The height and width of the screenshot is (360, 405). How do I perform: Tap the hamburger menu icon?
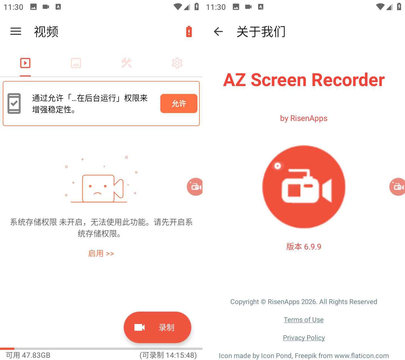pos(16,31)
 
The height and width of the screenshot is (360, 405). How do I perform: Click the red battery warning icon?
pos(189,31)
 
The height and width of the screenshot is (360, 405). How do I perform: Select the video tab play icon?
pos(25,63)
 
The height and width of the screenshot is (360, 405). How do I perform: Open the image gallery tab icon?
pos(76,63)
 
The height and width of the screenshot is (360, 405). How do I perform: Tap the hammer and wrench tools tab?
pos(127,63)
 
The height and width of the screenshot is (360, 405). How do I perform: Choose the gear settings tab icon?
pos(177,63)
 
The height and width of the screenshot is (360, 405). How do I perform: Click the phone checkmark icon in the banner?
pos(14,103)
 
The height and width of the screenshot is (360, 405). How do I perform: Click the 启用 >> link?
pos(101,253)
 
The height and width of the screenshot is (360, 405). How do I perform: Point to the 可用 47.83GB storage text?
pos(28,355)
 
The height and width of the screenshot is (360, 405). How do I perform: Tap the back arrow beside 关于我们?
pos(218,31)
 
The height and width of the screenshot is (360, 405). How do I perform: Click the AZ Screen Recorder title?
pos(304,80)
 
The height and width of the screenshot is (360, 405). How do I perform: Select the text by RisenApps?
pos(304,118)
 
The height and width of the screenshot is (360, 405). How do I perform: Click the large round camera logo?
pos(304,187)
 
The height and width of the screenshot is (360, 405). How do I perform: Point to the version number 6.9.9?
pos(312,247)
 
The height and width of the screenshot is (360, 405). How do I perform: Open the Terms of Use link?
pos(304,319)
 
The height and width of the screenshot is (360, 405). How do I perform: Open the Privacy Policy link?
pos(304,337)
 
